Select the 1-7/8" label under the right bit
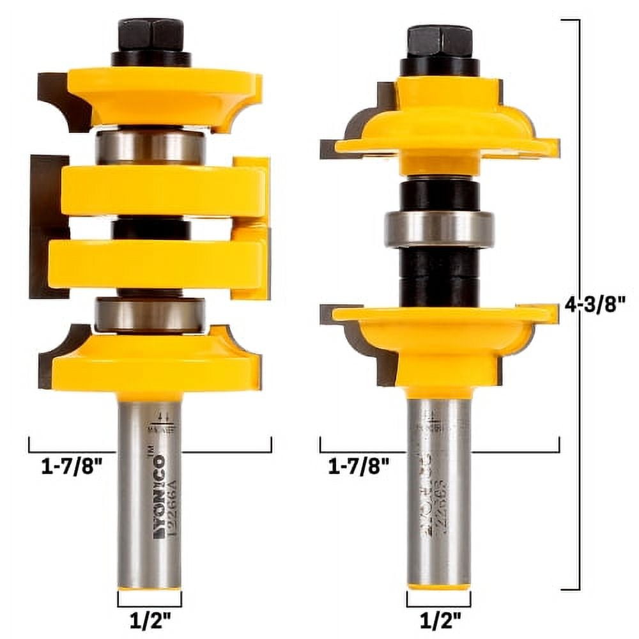(358, 467)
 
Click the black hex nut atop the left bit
(151, 36)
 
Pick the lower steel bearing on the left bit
(151, 314)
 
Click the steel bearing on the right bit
(439, 229)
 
